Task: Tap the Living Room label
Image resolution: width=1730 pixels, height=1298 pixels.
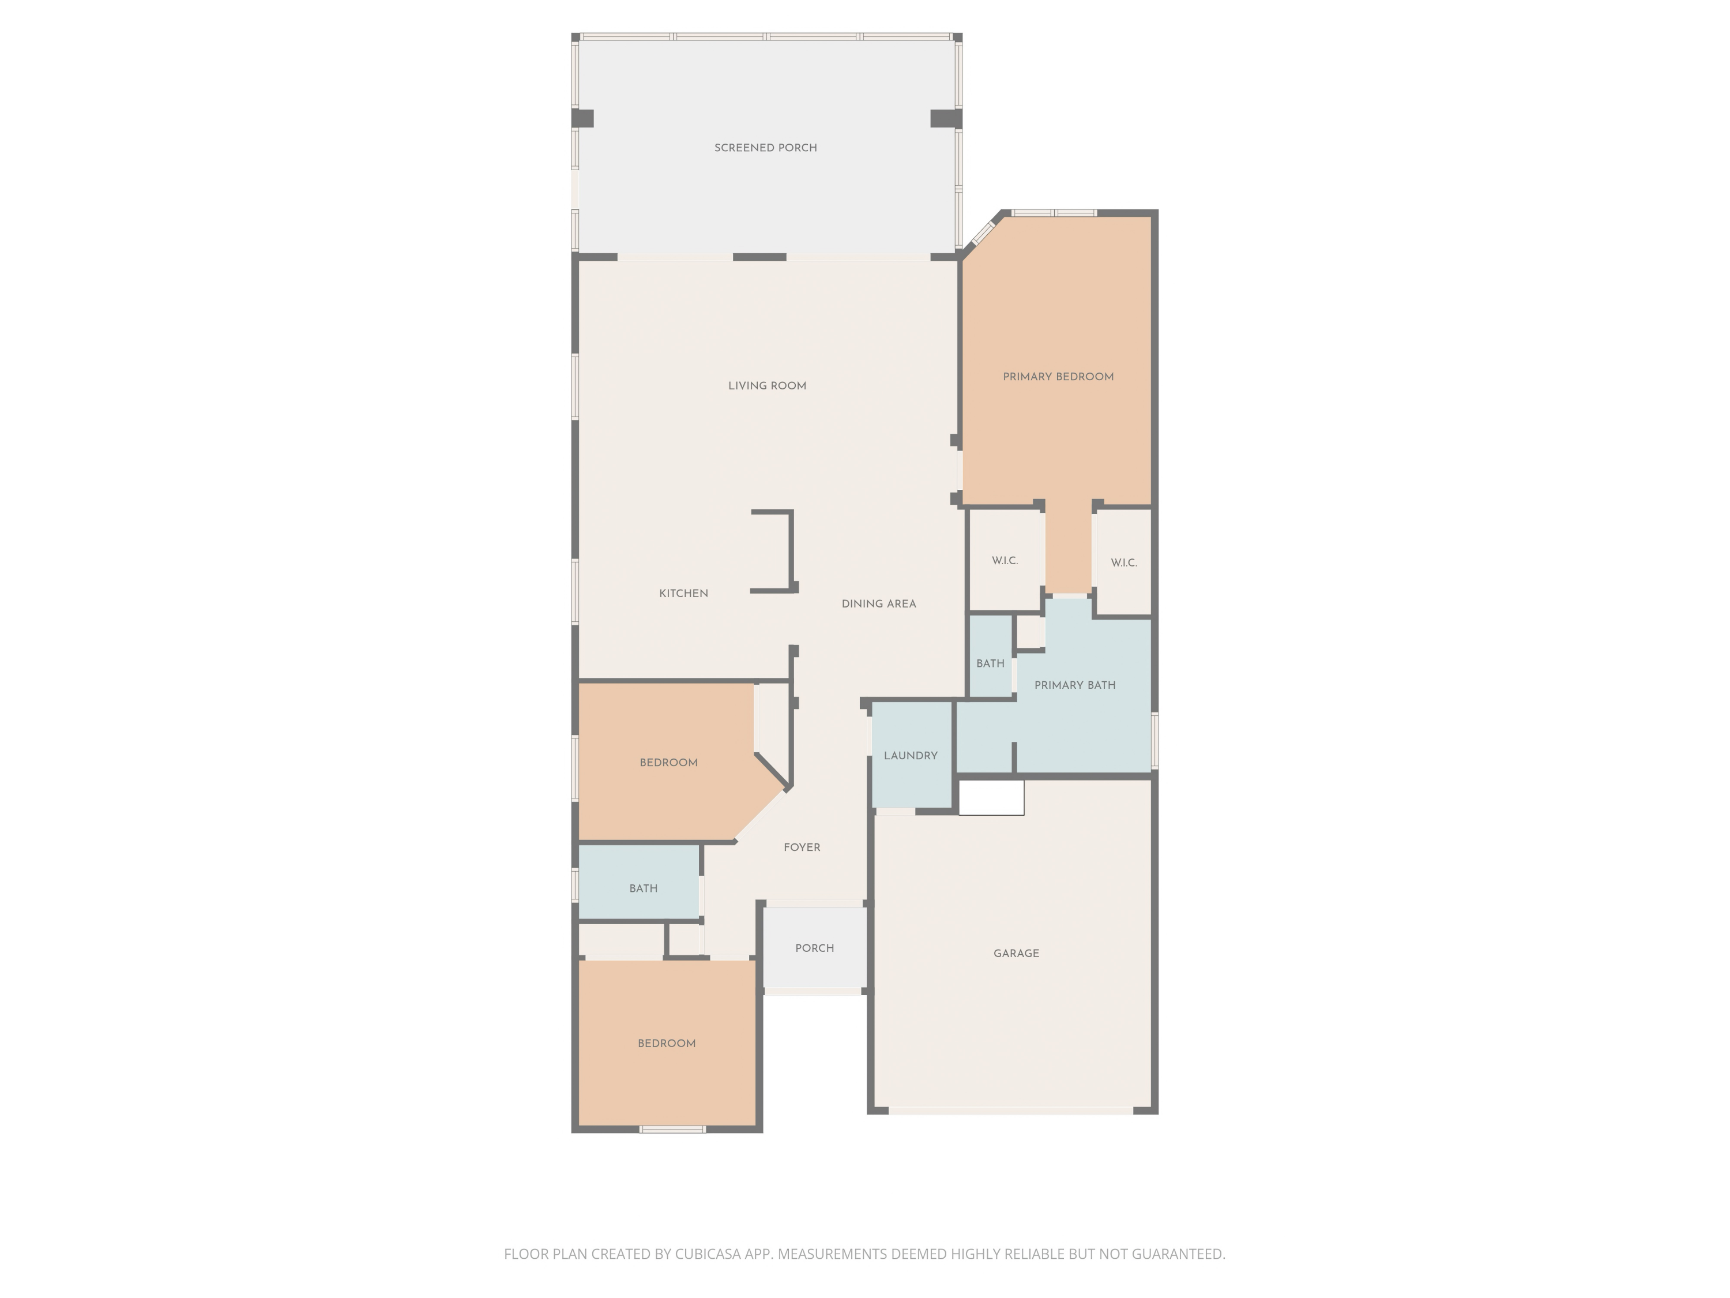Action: [766, 386]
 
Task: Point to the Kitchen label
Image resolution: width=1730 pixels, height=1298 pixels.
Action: [683, 594]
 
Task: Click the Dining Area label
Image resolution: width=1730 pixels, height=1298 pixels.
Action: [878, 604]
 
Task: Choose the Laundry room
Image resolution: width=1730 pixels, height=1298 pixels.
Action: [911, 756]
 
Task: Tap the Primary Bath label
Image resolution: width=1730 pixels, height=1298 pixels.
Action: [1074, 685]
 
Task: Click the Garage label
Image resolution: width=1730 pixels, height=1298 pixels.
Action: [1016, 954]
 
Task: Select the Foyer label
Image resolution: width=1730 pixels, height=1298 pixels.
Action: [802, 847]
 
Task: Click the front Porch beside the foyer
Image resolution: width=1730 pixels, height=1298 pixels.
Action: [814, 948]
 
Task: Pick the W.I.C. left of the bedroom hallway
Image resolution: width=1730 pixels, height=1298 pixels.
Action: [1004, 561]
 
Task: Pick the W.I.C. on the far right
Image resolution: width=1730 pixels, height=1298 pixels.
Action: [1123, 563]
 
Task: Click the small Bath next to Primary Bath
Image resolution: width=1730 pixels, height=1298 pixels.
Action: [990, 663]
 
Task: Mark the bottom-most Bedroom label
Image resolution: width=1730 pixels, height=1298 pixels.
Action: [667, 1044]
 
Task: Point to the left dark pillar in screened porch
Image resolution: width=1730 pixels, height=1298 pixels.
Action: [582, 118]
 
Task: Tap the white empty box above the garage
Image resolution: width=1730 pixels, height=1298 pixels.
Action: [991, 798]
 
